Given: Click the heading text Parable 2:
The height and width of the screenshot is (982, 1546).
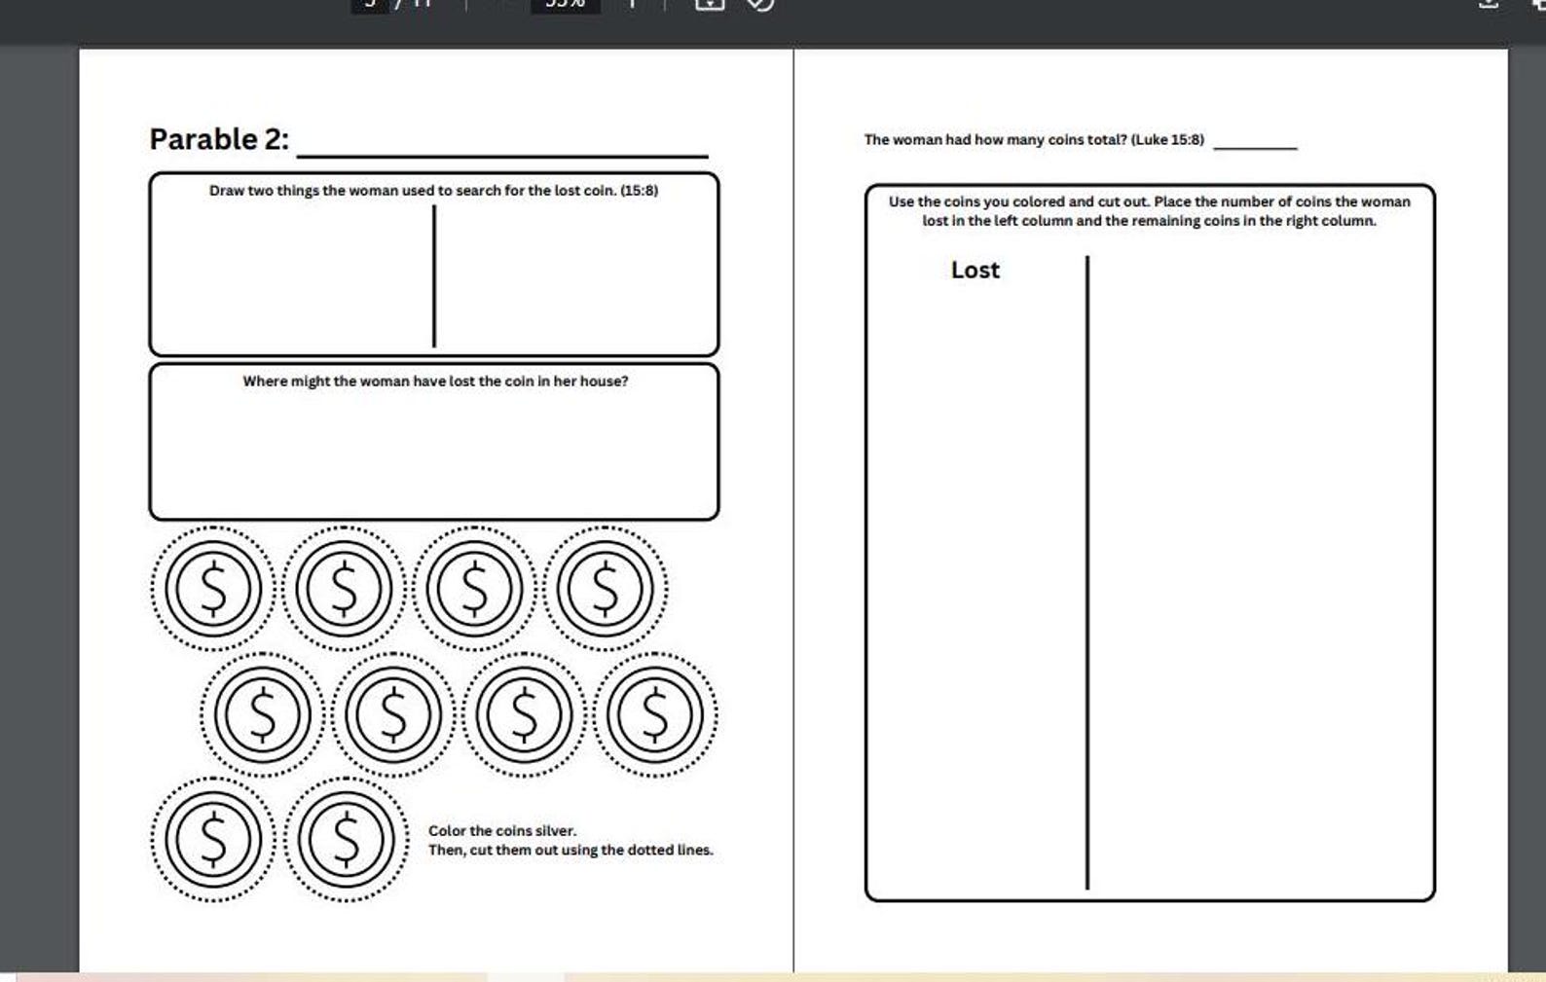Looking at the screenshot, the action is tap(219, 139).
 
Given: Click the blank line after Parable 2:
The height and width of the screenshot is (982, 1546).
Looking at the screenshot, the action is tap(502, 156).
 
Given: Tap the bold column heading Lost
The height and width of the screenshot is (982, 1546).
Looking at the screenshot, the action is tap(975, 270).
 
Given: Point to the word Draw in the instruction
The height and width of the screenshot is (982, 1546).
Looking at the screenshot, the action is tap(227, 191).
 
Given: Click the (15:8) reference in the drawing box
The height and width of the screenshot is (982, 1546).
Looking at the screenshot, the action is tap(639, 191).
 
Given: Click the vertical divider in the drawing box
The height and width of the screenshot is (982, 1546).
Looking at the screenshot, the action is tap(434, 276).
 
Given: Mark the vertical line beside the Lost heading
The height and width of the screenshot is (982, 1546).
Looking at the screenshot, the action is tap(1087, 573).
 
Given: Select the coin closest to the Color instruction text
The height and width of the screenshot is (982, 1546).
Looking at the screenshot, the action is tap(347, 839).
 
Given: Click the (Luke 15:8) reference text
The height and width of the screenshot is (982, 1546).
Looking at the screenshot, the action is tap(1167, 139).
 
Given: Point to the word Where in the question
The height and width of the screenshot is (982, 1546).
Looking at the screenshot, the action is tap(264, 381).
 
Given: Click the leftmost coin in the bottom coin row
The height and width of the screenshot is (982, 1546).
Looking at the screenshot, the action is tap(213, 839).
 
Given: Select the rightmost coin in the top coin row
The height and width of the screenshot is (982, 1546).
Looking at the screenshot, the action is tap(606, 589).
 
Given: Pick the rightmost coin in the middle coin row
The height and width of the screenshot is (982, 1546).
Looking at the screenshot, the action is tap(655, 715).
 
